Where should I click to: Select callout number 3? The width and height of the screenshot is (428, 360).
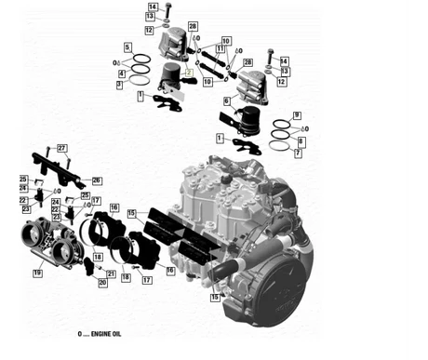[x=119, y=85]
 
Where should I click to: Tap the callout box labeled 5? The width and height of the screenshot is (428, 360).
[x=127, y=46]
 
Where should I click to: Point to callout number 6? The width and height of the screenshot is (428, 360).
[x=225, y=100]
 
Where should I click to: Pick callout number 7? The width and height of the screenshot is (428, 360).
[x=298, y=154]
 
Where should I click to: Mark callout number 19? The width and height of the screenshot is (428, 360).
[x=38, y=273]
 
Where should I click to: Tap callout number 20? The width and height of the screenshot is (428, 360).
[x=102, y=281]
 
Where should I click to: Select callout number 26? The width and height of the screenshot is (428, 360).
[x=97, y=180]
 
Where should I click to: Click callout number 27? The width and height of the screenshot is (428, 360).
[x=62, y=149]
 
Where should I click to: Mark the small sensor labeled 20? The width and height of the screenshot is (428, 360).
[x=90, y=268]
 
